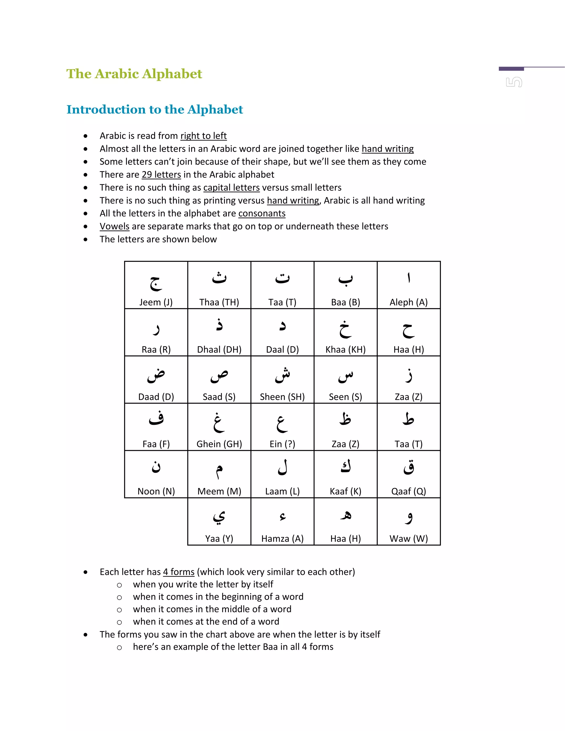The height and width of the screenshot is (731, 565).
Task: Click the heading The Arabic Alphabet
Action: pos(134,74)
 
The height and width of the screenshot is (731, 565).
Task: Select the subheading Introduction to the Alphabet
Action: pos(155,110)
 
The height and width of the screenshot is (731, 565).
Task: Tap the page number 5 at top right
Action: pos(514,82)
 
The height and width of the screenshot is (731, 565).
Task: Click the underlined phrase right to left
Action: pos(204,136)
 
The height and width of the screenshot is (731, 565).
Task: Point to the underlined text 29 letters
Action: pos(161,175)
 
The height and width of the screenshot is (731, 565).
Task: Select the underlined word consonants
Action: pos(262,214)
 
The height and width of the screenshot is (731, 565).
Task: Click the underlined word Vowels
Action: pos(114,226)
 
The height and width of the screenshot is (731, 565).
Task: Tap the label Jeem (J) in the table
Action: pos(156,302)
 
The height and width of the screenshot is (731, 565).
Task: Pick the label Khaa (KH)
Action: pos(345,350)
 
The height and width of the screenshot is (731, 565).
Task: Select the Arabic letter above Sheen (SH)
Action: pos(282,375)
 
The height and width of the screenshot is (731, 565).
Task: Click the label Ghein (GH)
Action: pos(219,444)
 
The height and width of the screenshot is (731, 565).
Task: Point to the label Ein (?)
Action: pos(282,444)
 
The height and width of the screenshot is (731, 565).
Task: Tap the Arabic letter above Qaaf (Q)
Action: pos(409,467)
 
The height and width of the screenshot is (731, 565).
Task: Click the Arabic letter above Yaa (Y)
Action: pos(219,517)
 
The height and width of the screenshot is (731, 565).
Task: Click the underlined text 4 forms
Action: pos(179,572)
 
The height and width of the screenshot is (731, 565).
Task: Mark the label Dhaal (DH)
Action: pos(219,350)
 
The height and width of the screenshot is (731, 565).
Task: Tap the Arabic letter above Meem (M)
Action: pos(219,470)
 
